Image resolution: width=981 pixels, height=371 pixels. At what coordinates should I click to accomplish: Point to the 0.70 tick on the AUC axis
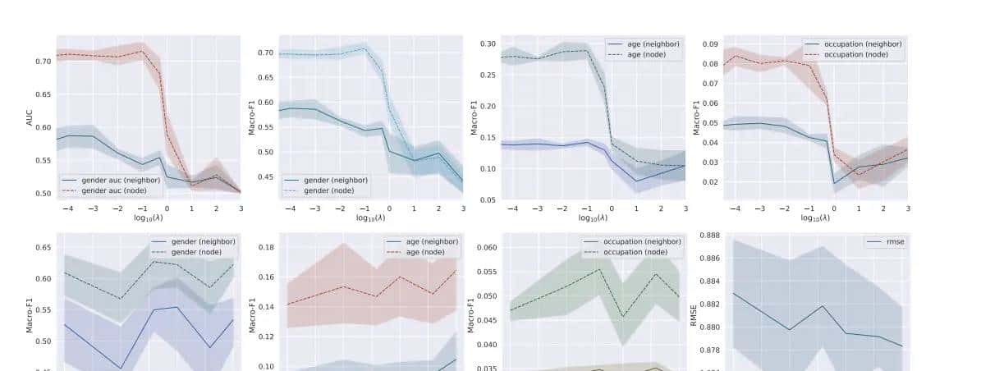click(x=43, y=62)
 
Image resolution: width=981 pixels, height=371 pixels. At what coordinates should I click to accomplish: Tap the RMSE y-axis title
click(x=694, y=312)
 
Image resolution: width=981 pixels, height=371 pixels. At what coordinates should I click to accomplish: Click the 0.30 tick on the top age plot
click(x=488, y=44)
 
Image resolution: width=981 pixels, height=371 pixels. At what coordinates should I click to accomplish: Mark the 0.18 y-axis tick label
click(x=264, y=247)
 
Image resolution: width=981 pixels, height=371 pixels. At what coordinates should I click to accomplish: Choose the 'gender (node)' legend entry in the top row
click(x=333, y=189)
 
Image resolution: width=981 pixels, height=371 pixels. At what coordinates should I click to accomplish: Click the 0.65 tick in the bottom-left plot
click(x=43, y=247)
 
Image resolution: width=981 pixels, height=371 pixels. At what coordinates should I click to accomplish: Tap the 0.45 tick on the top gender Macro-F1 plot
click(x=264, y=177)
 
